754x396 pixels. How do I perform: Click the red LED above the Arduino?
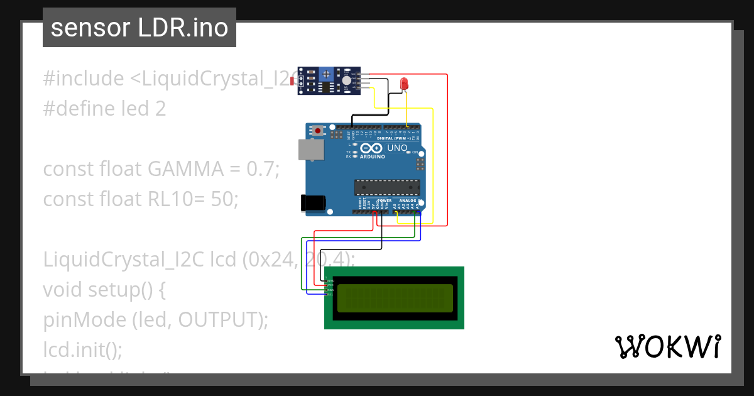[405, 83]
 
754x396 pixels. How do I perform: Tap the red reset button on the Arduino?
[318, 131]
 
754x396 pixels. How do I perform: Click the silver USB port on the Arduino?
[311, 149]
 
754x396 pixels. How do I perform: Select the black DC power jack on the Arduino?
[313, 202]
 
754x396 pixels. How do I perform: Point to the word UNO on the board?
[397, 148]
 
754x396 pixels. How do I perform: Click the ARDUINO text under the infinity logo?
[373, 157]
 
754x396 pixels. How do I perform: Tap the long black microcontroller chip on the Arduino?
[387, 187]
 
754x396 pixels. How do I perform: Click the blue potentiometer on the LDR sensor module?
[326, 75]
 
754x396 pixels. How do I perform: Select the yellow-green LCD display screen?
[395, 298]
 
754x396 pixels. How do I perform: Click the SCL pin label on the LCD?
[330, 294]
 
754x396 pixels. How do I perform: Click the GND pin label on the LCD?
[330, 280]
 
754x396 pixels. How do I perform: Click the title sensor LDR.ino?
[139, 28]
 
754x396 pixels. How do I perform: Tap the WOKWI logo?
[667, 346]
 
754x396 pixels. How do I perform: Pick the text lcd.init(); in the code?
[82, 349]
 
